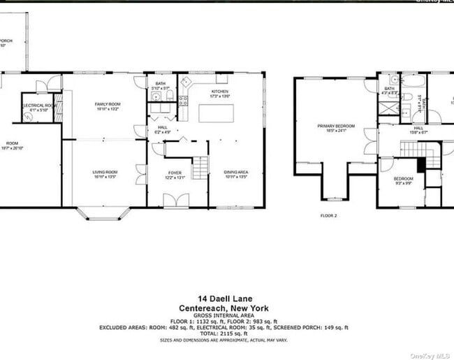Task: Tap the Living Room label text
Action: [105, 175]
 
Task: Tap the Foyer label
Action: [174, 175]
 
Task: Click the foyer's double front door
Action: [175, 201]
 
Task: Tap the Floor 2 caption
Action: [328, 216]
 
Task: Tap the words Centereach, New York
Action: [224, 308]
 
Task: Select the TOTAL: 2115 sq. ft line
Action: [224, 333]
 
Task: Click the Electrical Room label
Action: [38, 107]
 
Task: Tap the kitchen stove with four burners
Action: [183, 102]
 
